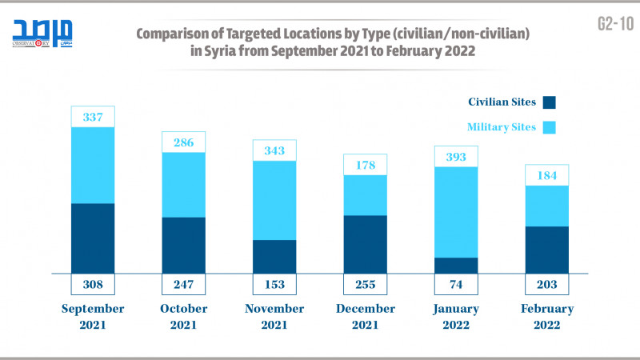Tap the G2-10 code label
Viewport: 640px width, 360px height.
click(x=614, y=24)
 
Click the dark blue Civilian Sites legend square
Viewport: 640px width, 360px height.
click(x=549, y=102)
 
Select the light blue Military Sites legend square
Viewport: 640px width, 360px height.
click(x=549, y=127)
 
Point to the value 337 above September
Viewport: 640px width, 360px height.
click(x=93, y=117)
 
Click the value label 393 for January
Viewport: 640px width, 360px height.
click(x=456, y=156)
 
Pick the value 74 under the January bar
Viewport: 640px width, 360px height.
click(x=456, y=284)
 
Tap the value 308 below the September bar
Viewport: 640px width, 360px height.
click(x=93, y=284)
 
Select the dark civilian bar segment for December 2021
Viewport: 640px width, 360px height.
click(x=365, y=244)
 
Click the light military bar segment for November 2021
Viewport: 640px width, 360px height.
click(x=274, y=200)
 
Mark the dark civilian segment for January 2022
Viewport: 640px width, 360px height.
click(x=456, y=266)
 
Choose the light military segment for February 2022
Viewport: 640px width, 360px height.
click(x=546, y=206)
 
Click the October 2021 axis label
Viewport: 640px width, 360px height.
click(x=183, y=316)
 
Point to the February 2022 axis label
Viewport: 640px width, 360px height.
click(x=546, y=316)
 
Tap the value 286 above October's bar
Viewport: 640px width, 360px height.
click(x=183, y=142)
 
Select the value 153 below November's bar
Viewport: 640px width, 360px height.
click(x=274, y=284)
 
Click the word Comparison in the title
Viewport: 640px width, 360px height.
click(x=179, y=36)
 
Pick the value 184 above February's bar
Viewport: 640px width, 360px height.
click(x=546, y=175)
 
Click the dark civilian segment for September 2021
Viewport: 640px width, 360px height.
click(x=93, y=238)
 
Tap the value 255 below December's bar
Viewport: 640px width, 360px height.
click(x=365, y=284)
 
